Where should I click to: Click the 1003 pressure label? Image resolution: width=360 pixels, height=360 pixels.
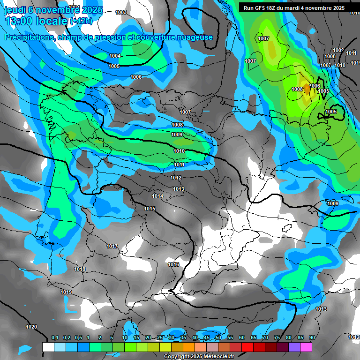coord(121,13)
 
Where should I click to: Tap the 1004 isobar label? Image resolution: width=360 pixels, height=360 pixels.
coord(115,56)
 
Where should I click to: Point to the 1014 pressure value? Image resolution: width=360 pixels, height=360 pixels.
coord(158,196)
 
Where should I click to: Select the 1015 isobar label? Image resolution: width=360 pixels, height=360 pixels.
coord(150,209)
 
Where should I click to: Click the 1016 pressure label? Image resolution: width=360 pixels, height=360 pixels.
coord(173,265)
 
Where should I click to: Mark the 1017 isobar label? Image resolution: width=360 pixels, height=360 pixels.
coord(112,246)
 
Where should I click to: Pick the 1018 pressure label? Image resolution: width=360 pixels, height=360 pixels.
coord(80,269)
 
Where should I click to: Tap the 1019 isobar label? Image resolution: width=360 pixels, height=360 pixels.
coord(66,292)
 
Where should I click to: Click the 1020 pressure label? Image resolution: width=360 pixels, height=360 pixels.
coord(31,327)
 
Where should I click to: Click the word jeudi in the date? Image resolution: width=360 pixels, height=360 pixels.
coord(15,10)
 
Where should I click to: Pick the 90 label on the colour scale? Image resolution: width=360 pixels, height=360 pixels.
coord(312,337)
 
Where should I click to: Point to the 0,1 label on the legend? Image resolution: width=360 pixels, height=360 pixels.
coord(55,337)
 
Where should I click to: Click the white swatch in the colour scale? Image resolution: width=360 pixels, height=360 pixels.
coord(48,347)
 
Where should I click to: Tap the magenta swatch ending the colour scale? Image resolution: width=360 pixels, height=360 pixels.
coord(306,347)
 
